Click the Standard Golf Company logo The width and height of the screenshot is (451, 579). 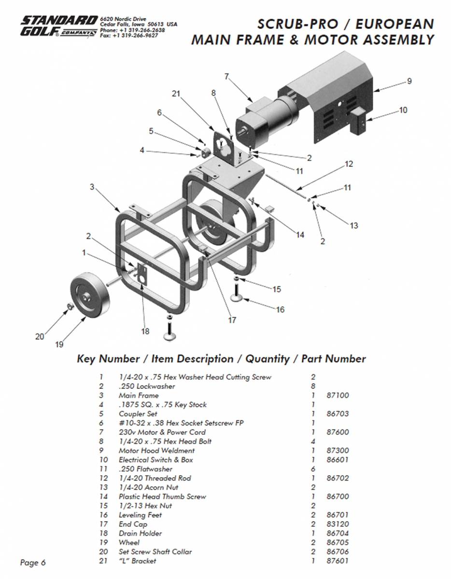point(58,27)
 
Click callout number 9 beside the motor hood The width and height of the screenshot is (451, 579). point(409,82)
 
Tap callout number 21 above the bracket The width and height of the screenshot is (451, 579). point(176,94)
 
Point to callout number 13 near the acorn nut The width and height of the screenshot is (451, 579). point(353,225)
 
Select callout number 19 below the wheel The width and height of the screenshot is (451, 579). point(59,344)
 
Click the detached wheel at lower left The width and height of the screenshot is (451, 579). point(88,297)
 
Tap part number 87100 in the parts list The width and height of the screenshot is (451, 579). point(338,396)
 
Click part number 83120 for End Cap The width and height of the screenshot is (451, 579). point(338,524)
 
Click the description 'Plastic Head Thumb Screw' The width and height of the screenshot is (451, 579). point(162,496)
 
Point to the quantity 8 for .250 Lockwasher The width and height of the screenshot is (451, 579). point(313,386)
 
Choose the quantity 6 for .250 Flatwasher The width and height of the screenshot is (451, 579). point(313,469)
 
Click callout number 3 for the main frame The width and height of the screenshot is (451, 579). point(92,187)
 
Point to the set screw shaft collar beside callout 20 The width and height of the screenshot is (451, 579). point(70,307)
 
